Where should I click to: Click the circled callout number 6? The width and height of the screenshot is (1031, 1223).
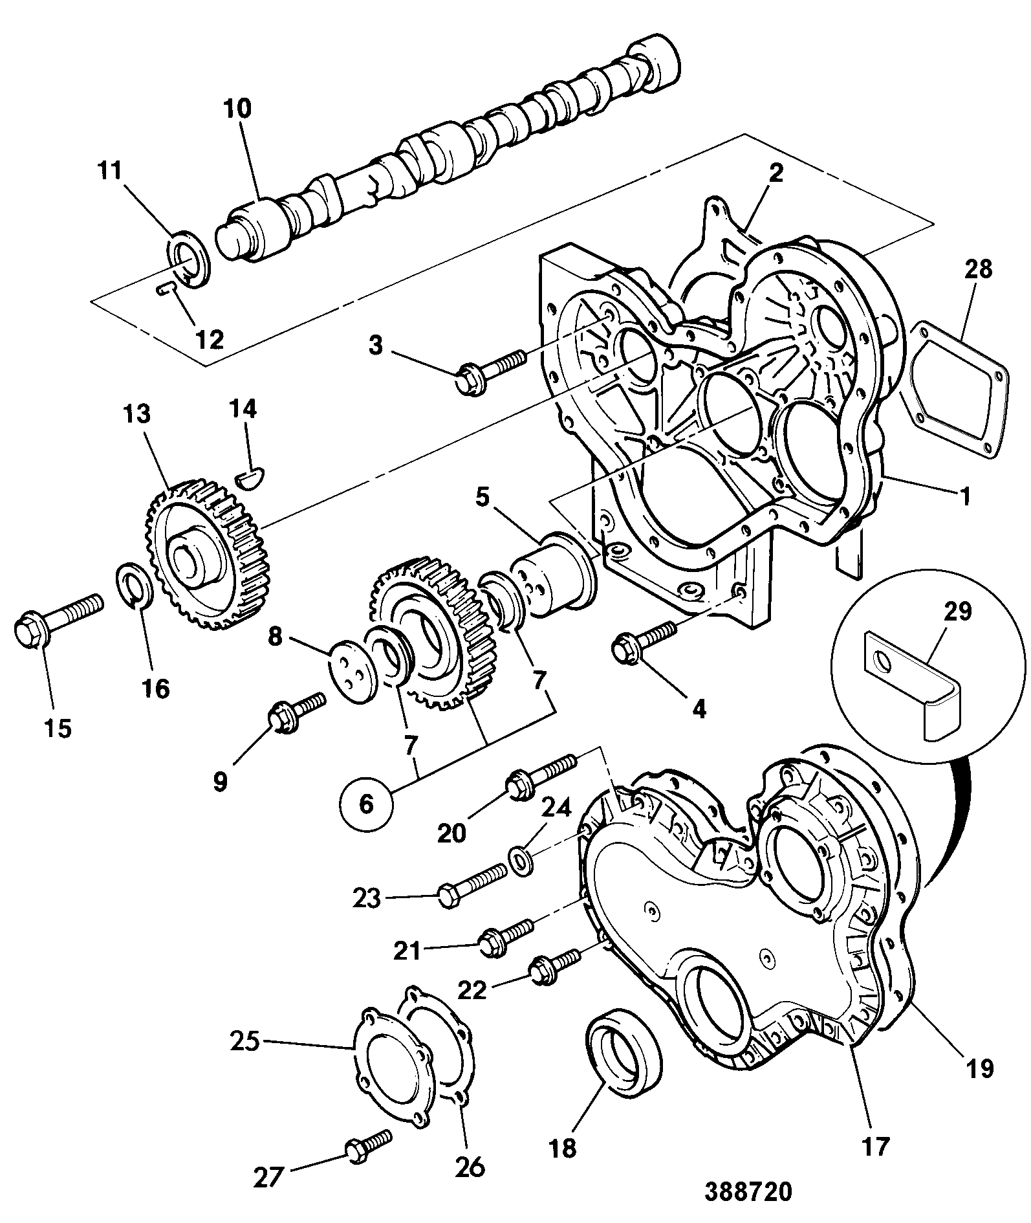(x=365, y=805)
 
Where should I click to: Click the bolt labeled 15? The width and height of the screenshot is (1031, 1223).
(x=58, y=618)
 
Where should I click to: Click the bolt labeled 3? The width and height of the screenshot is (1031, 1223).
(x=494, y=369)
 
